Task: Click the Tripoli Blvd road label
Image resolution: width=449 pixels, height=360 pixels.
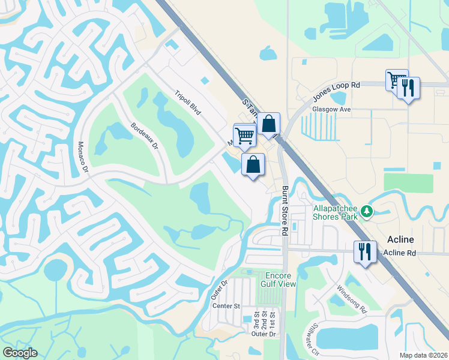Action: [187, 103]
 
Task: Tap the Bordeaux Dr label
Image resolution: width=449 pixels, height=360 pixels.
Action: [144, 136]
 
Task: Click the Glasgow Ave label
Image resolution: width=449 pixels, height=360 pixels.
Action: [331, 110]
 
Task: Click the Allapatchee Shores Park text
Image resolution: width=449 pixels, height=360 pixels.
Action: [336, 213]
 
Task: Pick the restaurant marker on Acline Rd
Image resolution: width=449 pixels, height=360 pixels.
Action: [364, 251]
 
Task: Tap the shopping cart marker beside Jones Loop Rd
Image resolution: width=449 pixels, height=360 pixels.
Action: [396, 80]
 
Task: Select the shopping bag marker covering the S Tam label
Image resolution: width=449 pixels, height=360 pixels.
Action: [270, 124]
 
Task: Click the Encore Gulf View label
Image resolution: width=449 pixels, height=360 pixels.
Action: [280, 280]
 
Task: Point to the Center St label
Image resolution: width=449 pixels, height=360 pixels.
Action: [226, 306]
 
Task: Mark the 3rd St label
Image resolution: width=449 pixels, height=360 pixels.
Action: [256, 319]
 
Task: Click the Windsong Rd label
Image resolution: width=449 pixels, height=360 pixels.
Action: [355, 299]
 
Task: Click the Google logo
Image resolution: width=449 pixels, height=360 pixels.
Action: [20, 353]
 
